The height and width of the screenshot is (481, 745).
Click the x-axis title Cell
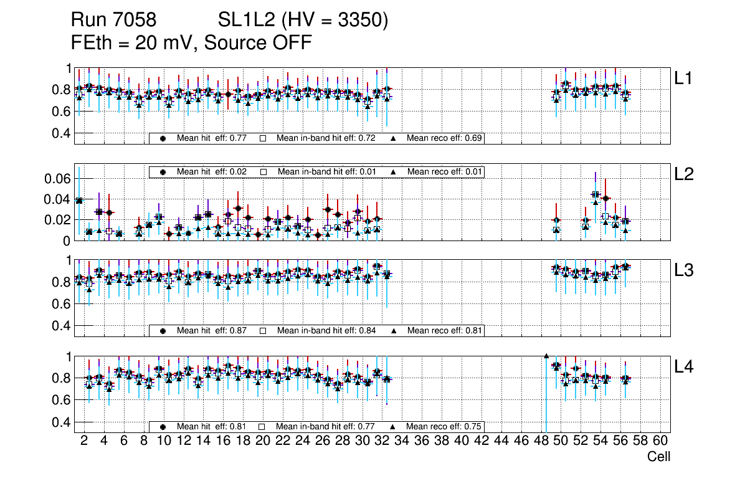(658, 457)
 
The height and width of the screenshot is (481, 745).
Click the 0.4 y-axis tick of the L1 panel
(60, 133)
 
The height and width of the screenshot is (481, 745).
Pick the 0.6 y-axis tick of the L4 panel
(60, 400)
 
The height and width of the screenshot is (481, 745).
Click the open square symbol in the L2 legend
(263, 171)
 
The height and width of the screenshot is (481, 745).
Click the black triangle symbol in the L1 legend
(394, 138)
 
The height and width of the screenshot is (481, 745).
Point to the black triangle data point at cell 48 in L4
(546, 356)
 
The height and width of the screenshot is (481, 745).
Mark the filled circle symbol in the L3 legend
(163, 330)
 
